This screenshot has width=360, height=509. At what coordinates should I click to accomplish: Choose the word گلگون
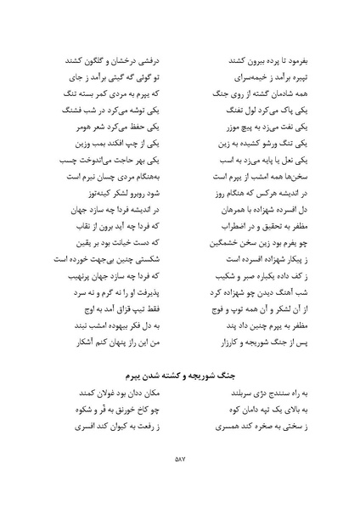pyautogui.click(x=93, y=61)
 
